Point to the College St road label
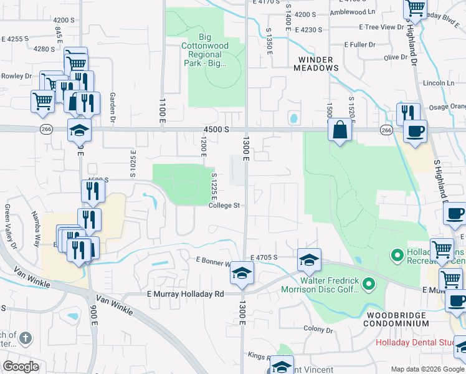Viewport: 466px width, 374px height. [x=224, y=205]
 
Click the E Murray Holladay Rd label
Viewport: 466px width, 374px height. [x=184, y=294]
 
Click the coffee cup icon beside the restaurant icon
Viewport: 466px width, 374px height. [x=415, y=131]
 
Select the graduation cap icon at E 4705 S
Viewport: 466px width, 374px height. [x=309, y=260]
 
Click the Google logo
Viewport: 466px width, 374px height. [x=21, y=366]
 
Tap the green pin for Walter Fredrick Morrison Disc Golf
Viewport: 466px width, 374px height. [x=369, y=285]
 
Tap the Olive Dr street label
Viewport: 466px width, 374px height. [x=395, y=57]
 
